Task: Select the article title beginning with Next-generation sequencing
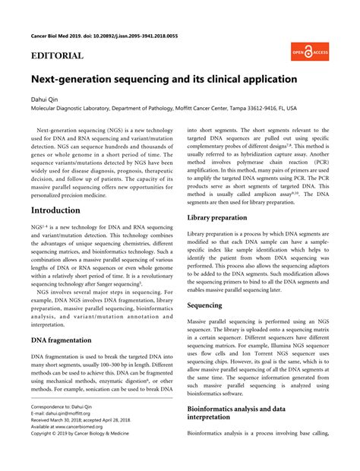tap(164, 78)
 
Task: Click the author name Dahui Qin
tap(44, 99)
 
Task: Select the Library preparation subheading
tap(216, 217)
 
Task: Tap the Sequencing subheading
tap(205, 305)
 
